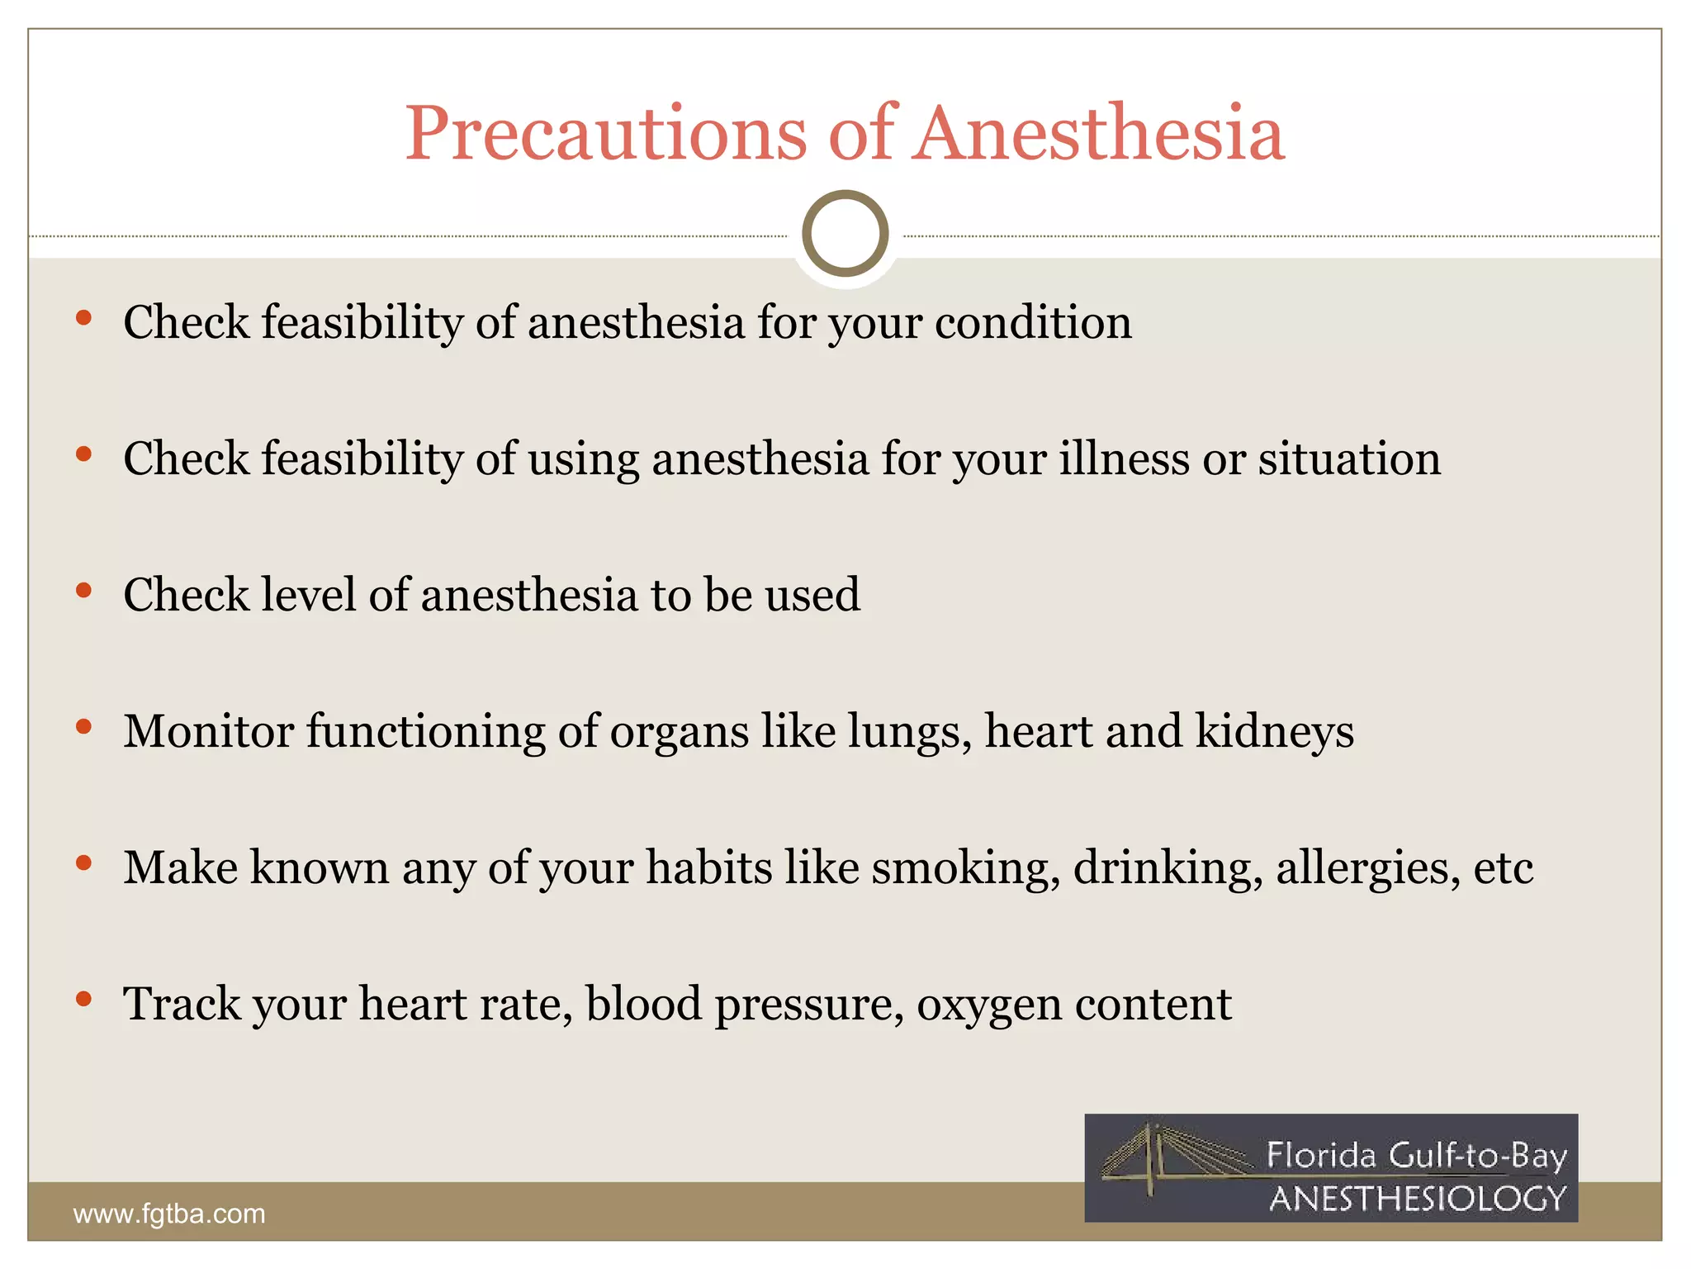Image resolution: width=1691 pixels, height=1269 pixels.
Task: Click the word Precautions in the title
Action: pyautogui.click(x=605, y=134)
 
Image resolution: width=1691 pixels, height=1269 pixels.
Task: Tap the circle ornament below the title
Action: pyautogui.click(x=845, y=234)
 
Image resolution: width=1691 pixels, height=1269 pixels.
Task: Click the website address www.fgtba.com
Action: pyautogui.click(x=169, y=1214)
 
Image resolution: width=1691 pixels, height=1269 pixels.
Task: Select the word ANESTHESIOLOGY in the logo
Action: pyautogui.click(x=1417, y=1199)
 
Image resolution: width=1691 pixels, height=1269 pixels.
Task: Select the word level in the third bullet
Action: pyautogui.click(x=308, y=595)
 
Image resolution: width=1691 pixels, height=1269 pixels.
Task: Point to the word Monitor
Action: pyautogui.click(x=209, y=731)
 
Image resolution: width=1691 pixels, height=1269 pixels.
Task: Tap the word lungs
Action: pyautogui.click(x=910, y=733)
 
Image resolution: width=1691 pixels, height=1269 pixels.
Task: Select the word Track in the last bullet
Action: pyautogui.click(x=182, y=1004)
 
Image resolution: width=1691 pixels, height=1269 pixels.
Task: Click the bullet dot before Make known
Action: pyautogui.click(x=83, y=863)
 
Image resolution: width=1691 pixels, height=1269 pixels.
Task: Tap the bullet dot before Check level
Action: pyautogui.click(x=83, y=591)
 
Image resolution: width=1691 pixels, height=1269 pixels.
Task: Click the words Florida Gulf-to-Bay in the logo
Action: pyautogui.click(x=1416, y=1155)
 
